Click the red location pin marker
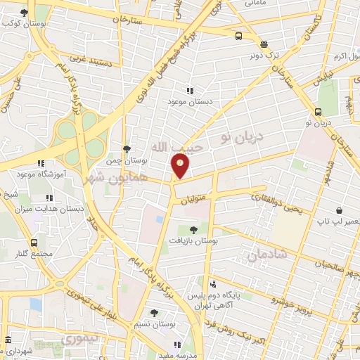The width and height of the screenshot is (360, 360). [x=181, y=166]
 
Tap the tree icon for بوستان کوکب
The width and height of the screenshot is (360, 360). [x=25, y=13]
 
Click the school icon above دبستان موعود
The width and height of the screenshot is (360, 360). [x=188, y=90]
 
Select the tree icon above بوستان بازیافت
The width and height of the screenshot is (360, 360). [x=193, y=229]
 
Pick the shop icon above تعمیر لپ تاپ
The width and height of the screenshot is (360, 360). [x=340, y=210]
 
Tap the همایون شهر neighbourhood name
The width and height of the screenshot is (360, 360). [x=110, y=177]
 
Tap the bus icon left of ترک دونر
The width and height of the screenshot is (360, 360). [x=239, y=37]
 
